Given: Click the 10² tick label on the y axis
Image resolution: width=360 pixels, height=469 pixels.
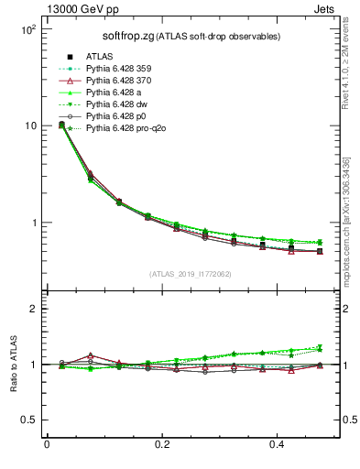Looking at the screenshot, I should (27, 29).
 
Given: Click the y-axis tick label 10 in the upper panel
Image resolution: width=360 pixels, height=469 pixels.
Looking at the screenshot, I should (29, 125).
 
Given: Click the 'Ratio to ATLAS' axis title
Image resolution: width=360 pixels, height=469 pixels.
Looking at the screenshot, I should (14, 364).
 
